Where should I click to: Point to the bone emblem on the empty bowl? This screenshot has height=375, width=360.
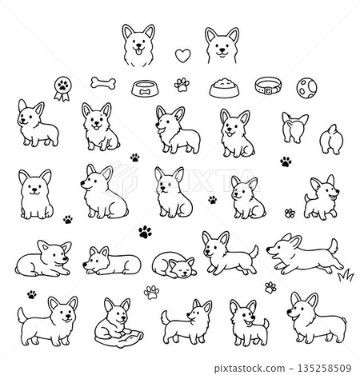point(146,91)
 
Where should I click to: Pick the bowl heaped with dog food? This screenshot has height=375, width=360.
point(223,86)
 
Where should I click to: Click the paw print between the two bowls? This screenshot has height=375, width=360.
point(184,82)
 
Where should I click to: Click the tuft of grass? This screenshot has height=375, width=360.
point(346,276)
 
